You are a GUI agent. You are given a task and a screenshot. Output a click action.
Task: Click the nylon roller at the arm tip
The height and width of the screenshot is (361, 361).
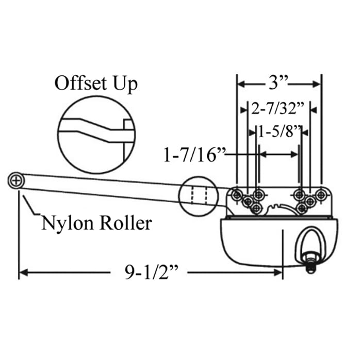(16, 180)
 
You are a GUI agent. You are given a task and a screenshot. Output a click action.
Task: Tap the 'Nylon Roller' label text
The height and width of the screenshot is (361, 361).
(96, 223)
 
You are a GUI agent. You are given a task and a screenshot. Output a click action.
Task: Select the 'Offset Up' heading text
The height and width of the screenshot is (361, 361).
(96, 84)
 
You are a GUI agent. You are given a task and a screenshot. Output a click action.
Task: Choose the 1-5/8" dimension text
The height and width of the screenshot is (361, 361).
(279, 132)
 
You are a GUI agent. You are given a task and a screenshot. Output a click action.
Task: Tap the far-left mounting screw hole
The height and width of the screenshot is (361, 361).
(237, 194)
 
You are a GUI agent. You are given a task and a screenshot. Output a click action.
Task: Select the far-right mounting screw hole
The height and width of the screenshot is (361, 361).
(321, 194)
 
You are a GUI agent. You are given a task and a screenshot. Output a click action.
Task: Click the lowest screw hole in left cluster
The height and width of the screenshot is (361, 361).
(257, 208)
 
